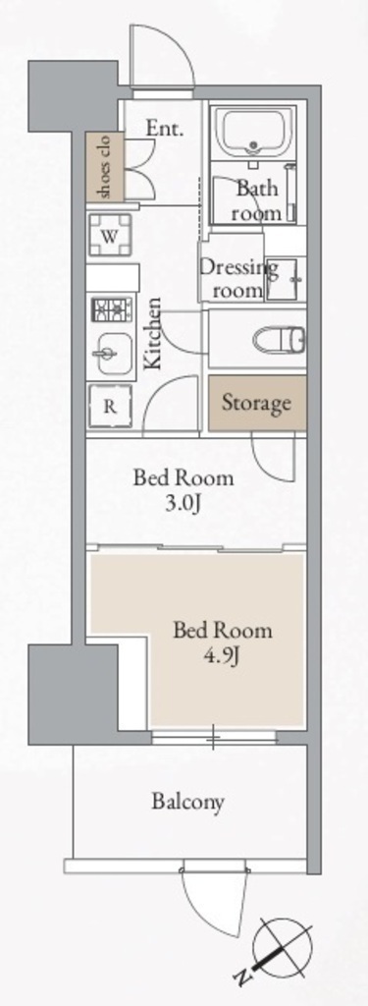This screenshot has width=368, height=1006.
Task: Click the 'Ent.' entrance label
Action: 165,129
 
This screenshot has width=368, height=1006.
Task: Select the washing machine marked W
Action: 110,236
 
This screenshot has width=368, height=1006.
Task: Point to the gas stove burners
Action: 113,309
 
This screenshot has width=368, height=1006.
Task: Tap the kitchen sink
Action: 114,354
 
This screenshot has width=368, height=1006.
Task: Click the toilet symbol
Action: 280,338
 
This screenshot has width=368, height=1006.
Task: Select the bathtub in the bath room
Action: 254,133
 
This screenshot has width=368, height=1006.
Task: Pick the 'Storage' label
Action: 256,404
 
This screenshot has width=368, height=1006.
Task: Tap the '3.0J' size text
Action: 184,502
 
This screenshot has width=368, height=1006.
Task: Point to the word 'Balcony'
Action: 187,802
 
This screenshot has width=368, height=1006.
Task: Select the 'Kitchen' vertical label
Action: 152,333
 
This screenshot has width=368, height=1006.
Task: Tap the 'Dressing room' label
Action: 237,278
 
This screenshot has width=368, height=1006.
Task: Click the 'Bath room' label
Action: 257,200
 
